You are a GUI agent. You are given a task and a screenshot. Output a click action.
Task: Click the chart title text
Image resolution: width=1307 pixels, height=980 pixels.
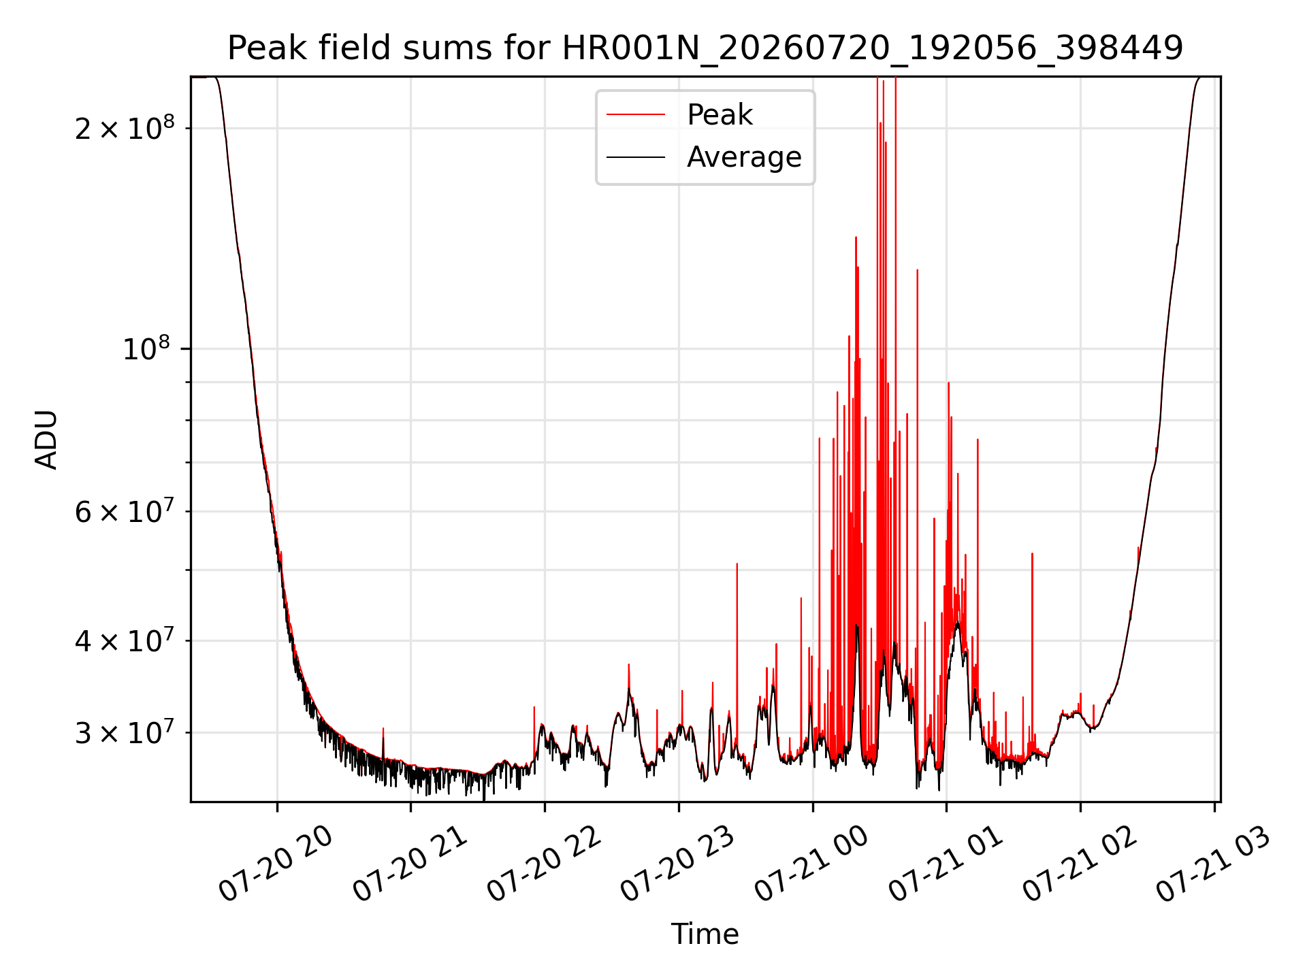coord(705,48)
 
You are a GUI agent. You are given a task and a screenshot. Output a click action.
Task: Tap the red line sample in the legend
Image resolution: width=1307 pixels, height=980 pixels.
coord(636,115)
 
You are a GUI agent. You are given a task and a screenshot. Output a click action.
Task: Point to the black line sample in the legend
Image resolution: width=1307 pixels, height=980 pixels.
coord(636,157)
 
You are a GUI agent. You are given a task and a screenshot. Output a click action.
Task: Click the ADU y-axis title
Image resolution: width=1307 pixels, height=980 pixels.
coord(46,440)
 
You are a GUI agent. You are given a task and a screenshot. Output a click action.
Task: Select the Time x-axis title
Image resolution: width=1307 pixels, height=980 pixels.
coord(705,934)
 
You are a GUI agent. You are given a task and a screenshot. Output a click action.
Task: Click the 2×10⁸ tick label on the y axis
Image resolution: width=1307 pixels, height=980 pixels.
coord(125,127)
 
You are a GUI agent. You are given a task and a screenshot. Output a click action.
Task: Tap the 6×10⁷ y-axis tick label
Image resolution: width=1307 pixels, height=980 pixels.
coord(125,511)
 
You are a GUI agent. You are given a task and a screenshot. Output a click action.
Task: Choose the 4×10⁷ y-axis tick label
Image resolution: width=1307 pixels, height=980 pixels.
coord(125,640)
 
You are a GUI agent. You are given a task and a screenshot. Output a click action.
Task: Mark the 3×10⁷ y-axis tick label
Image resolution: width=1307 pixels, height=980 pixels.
coord(125,732)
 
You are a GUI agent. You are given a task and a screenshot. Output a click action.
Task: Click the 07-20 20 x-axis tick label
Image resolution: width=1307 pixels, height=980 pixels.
coord(276,863)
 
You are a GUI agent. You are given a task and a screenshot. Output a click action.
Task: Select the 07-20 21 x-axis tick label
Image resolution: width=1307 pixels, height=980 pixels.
coord(410,863)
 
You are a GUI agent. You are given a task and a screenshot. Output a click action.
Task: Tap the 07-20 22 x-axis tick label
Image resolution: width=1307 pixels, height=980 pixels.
coord(544,863)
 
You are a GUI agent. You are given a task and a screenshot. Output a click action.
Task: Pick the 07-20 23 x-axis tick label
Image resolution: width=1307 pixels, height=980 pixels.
coord(677,863)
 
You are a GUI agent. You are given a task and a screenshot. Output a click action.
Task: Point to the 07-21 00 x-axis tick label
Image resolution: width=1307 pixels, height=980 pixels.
coord(811,863)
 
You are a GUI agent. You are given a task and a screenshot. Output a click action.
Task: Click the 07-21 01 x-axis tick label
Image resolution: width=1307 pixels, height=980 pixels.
coord(946,863)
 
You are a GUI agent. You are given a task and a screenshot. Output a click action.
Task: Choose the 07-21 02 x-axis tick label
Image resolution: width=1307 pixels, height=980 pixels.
coord(1080,863)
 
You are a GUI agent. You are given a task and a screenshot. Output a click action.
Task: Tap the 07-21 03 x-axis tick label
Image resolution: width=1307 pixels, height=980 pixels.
coord(1213,863)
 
